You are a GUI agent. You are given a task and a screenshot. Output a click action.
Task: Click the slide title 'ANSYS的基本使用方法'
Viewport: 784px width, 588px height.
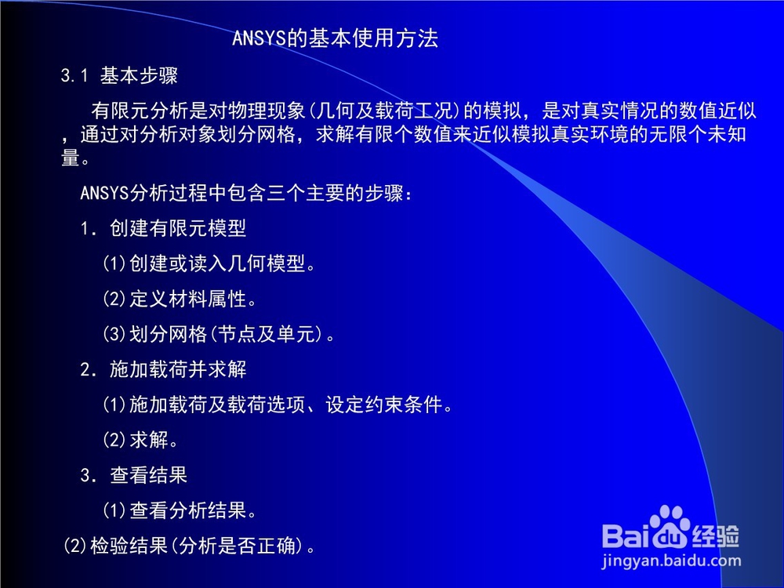tap(335, 38)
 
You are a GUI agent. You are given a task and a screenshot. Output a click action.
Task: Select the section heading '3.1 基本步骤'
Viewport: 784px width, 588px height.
tap(119, 75)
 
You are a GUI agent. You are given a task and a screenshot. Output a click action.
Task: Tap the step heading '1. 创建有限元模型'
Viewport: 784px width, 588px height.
tap(163, 228)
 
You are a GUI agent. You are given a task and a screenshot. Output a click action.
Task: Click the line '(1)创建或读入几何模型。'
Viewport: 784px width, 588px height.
tap(209, 263)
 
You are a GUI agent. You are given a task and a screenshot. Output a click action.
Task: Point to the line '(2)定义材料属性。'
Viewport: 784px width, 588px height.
tap(180, 299)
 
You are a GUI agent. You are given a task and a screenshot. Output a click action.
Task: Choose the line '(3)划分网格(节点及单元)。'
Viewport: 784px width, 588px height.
tap(219, 333)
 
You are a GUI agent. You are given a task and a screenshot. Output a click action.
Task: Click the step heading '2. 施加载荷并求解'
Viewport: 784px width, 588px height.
tap(163, 369)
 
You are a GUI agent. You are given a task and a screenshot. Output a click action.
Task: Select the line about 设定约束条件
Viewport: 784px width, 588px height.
tap(278, 404)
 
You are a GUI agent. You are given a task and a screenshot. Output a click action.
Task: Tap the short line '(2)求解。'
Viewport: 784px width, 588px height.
tap(140, 440)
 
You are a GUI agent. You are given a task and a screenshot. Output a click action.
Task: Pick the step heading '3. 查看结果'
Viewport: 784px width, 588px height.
tap(133, 474)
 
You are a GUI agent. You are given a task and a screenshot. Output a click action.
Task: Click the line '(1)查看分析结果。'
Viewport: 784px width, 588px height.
tap(180, 510)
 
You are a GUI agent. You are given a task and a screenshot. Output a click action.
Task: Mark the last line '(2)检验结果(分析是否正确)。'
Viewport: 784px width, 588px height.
tap(190, 546)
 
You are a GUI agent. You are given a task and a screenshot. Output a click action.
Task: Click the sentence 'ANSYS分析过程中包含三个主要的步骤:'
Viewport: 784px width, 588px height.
tap(246, 193)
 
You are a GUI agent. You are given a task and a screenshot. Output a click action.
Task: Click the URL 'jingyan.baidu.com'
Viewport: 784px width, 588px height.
tap(672, 561)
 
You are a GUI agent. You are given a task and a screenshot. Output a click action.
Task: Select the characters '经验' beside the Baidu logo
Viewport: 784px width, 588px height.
tap(716, 536)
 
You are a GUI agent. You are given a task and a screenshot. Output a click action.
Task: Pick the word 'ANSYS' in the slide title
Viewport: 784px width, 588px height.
tap(259, 38)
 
